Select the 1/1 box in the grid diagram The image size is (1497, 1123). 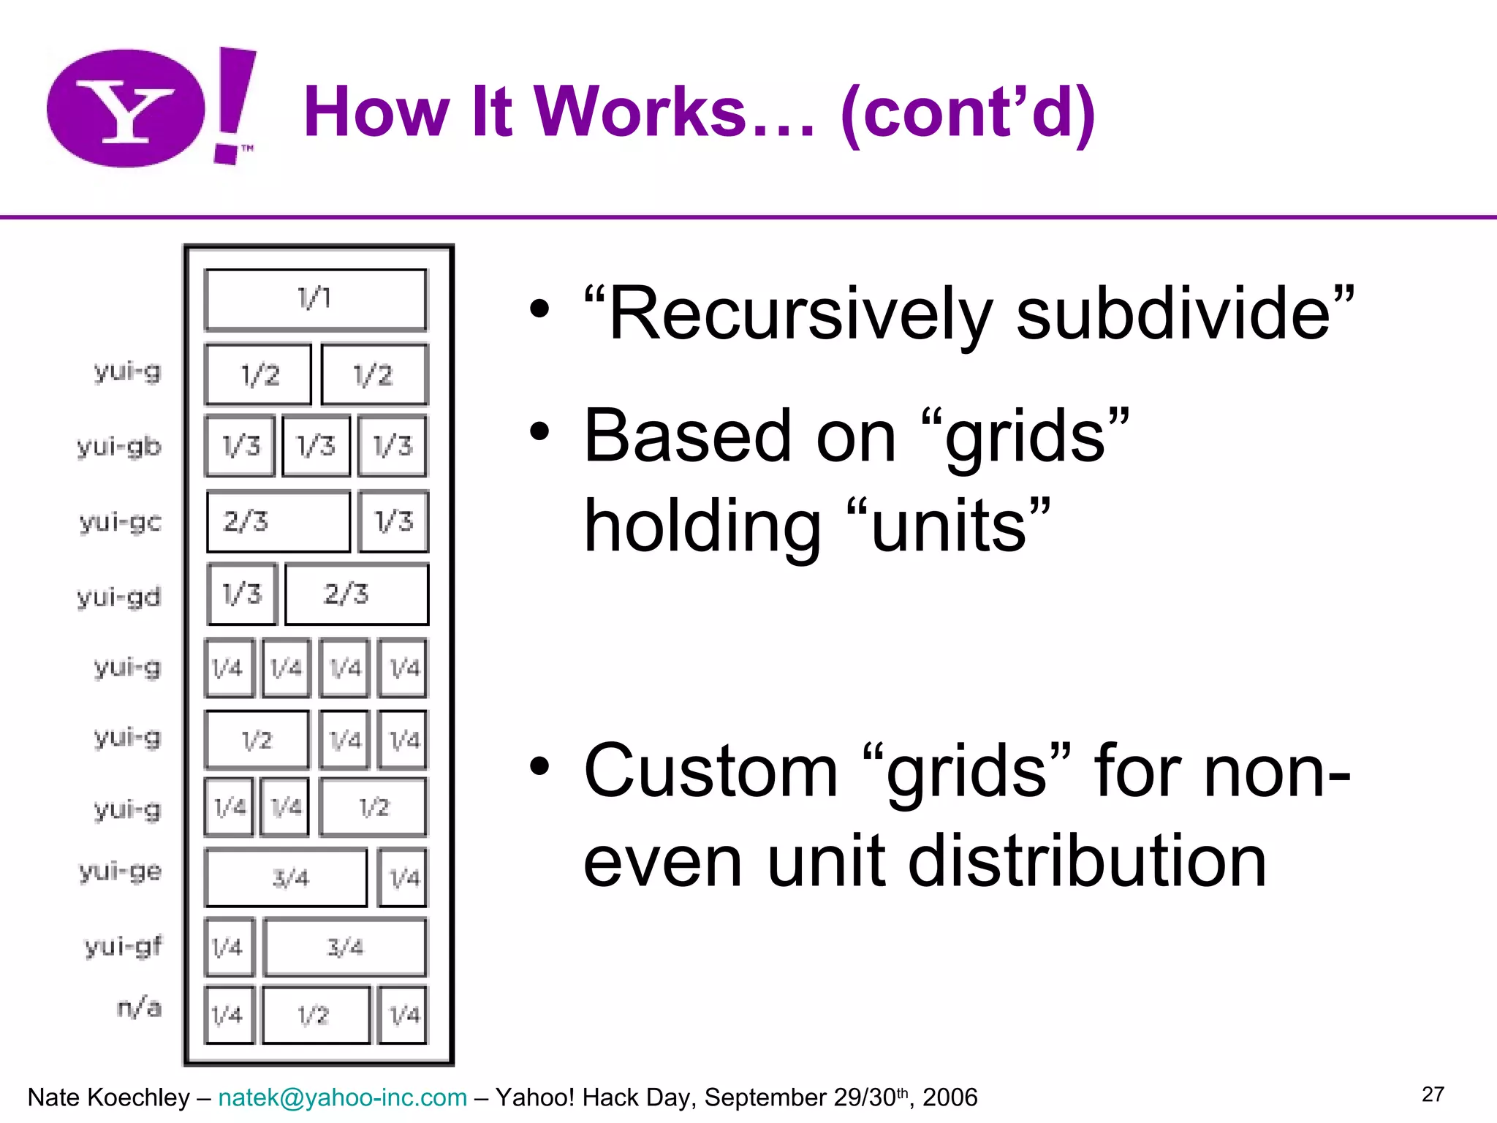(315, 299)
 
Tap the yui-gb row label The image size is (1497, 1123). (119, 446)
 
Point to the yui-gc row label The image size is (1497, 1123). (121, 521)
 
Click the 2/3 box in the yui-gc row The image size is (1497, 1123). (278, 521)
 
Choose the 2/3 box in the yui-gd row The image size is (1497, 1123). (356, 594)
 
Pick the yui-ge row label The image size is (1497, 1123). (121, 871)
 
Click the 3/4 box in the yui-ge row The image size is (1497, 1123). (286, 877)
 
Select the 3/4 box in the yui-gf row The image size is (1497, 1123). (344, 948)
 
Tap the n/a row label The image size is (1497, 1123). (139, 1007)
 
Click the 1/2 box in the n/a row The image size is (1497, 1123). (316, 1015)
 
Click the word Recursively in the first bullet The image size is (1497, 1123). (801, 314)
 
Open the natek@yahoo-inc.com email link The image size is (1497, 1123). (342, 1097)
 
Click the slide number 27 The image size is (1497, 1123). (1433, 1094)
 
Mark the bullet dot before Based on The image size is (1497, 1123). (539, 431)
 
